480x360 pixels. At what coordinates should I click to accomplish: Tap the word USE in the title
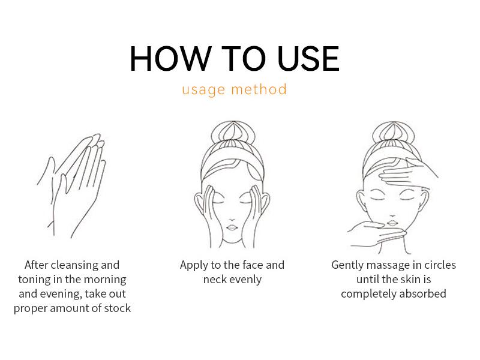308,58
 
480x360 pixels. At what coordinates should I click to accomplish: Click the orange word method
259,89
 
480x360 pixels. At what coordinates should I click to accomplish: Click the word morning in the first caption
104,280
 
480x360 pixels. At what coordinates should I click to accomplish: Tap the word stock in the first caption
117,308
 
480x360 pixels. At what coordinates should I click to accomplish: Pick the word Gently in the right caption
347,265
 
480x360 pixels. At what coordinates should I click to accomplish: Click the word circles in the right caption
440,265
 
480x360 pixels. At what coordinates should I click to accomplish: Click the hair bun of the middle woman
233,131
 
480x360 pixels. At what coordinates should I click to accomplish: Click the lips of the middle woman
232,227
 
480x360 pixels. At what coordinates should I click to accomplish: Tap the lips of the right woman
393,222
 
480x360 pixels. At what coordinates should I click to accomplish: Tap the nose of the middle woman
232,219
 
